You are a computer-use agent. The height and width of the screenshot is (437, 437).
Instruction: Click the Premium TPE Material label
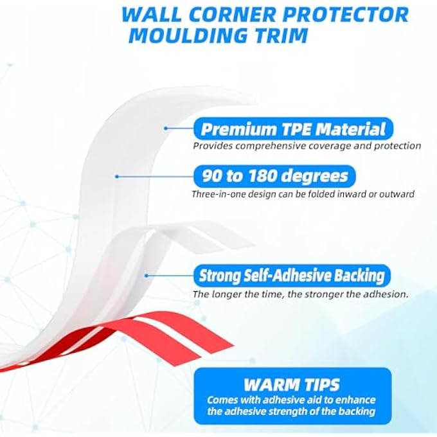click(293, 129)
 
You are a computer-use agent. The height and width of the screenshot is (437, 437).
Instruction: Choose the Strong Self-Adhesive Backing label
click(292, 276)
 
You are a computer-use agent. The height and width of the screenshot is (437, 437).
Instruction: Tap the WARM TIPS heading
click(292, 385)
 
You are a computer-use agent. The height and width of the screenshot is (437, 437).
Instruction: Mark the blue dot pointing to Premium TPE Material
click(165, 129)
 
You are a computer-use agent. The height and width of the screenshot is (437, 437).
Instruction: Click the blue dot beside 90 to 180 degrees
click(116, 176)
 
